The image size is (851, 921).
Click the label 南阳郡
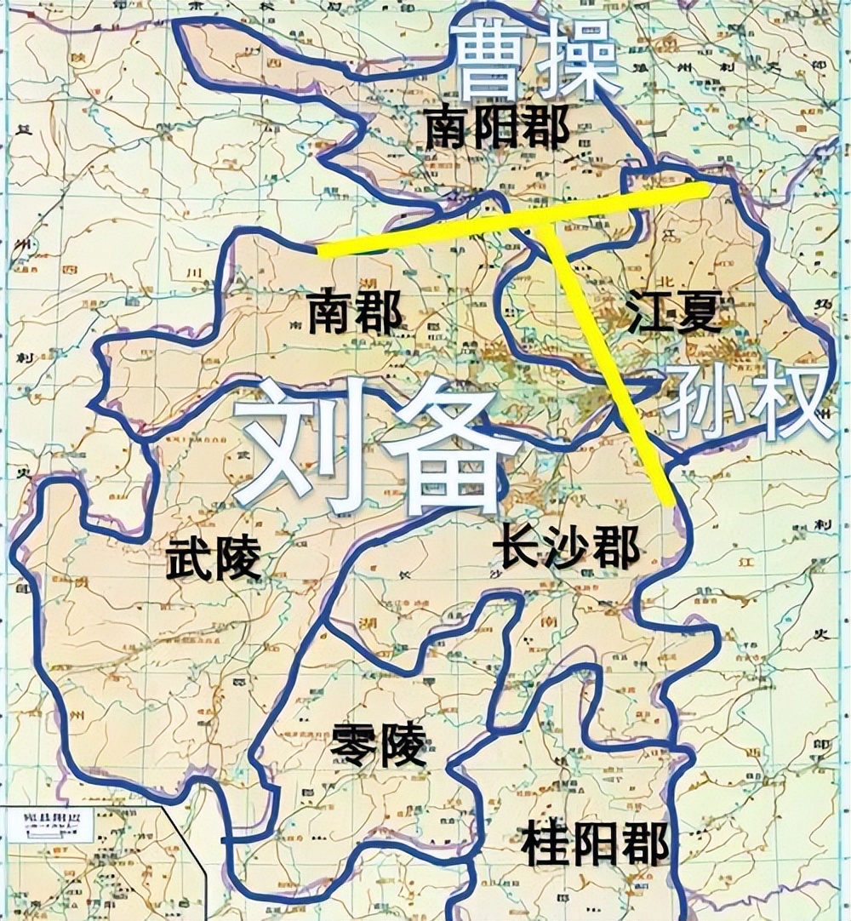[497, 129]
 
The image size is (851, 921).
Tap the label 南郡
[355, 312]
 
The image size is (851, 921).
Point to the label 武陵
[214, 560]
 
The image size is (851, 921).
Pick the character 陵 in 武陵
[237, 560]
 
